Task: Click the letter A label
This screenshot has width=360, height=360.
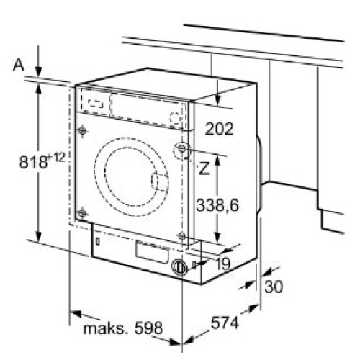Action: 19,65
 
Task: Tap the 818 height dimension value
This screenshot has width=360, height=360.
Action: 33,161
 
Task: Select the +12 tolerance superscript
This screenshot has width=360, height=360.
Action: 57,158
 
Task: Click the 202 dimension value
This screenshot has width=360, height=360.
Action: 219,129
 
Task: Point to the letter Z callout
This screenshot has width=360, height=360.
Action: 204,168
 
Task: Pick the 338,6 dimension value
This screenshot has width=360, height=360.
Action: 217,205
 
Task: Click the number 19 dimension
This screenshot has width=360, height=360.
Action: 223,264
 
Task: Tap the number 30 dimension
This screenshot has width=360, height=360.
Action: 274,287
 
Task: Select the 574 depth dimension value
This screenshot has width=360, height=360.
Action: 225,323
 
